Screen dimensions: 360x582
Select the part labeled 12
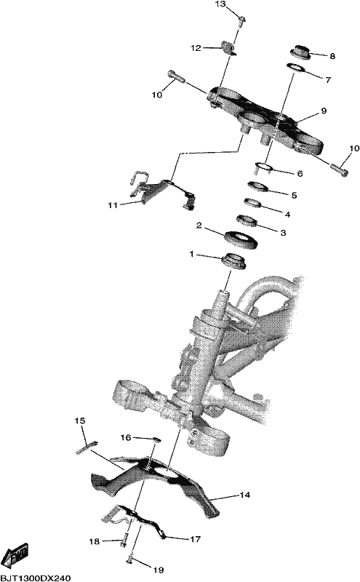coord(229,48)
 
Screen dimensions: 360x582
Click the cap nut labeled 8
coord(300,52)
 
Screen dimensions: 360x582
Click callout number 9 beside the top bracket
coord(324,111)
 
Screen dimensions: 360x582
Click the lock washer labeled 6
coord(264,167)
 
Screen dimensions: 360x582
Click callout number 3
coord(283,233)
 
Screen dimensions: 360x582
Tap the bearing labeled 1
coord(233,260)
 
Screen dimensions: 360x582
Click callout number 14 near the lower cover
coord(245,495)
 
